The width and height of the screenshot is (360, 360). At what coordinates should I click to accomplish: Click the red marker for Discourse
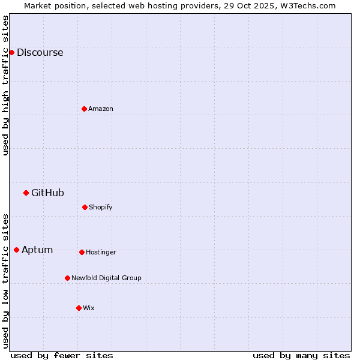pyautogui.click(x=11, y=52)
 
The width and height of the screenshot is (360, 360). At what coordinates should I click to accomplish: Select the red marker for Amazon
pyautogui.click(x=84, y=109)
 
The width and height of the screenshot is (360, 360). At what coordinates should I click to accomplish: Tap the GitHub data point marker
pyautogui.click(x=26, y=193)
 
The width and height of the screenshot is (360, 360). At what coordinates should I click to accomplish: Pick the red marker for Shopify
pyautogui.click(x=85, y=207)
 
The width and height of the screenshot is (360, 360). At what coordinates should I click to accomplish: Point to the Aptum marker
pyautogui.click(x=16, y=250)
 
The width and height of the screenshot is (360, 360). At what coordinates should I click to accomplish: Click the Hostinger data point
pyautogui.click(x=82, y=252)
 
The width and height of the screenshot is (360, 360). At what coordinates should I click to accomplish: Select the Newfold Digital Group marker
pyautogui.click(x=67, y=278)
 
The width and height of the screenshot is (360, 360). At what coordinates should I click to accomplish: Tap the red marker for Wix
pyautogui.click(x=79, y=308)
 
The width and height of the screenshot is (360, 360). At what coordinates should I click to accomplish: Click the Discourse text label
pyautogui.click(x=40, y=52)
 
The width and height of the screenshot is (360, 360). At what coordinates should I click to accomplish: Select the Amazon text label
pyautogui.click(x=101, y=109)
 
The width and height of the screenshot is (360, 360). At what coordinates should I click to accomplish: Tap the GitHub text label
pyautogui.click(x=47, y=193)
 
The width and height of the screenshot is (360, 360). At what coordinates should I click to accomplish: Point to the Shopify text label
pyautogui.click(x=101, y=207)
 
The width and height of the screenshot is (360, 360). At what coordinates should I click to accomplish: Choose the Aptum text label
pyautogui.click(x=37, y=250)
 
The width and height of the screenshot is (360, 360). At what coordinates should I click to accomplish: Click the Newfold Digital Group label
pyautogui.click(x=106, y=278)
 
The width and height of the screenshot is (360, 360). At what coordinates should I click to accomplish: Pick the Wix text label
pyautogui.click(x=89, y=308)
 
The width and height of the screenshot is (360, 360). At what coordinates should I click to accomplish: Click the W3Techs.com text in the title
pyautogui.click(x=310, y=5)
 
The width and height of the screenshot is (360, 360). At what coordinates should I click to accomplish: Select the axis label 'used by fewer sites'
pyautogui.click(x=62, y=355)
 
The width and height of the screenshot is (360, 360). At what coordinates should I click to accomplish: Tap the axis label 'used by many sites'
pyautogui.click(x=301, y=355)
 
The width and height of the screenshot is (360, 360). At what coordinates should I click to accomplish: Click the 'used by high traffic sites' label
pyautogui.click(x=5, y=85)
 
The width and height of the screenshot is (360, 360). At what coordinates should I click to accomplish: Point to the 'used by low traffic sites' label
pyautogui.click(x=5, y=281)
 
